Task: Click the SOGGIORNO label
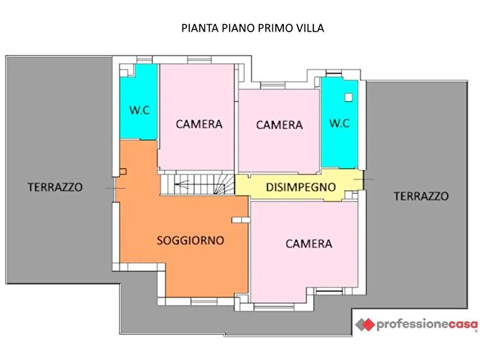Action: pos(191,241)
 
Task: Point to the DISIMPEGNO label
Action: pos(301,187)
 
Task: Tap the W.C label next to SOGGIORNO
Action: pos(139,110)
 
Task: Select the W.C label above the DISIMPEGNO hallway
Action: pos(339,123)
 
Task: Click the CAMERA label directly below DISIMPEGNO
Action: pos(309,243)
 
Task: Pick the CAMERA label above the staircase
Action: pos(199,124)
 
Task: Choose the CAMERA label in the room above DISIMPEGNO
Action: pos(279,125)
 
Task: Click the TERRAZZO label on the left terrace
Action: pos(55,187)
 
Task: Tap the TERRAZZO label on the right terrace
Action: pos(421,196)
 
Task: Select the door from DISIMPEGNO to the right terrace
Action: pos(363,180)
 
